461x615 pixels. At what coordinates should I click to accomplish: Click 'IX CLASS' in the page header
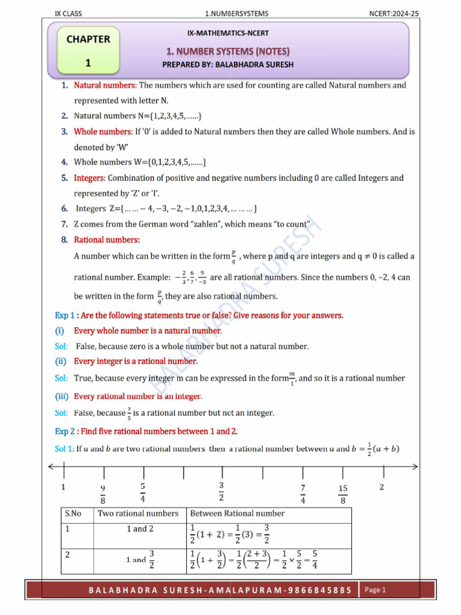click(68, 13)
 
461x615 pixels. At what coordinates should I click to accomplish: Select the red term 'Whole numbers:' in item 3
click(103, 131)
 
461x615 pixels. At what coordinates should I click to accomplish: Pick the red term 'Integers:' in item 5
click(89, 178)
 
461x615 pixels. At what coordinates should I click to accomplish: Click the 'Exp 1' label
click(64, 315)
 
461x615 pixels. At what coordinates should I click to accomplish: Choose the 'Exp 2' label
click(64, 431)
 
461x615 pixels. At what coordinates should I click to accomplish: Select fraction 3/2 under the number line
click(221, 491)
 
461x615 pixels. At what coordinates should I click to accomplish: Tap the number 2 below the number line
click(382, 486)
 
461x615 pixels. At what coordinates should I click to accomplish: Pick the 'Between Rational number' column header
click(237, 514)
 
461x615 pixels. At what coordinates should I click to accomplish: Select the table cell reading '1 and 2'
click(140, 529)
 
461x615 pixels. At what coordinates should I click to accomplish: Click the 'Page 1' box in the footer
click(375, 590)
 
